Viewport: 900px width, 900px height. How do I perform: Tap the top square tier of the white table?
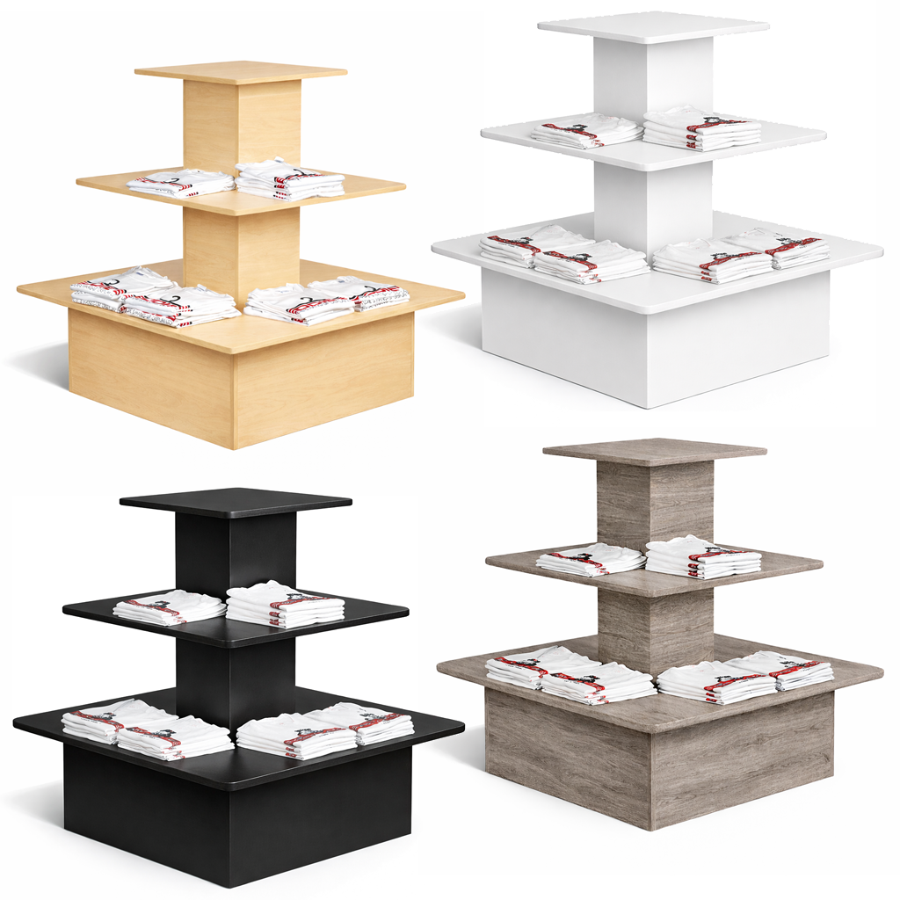point(652,26)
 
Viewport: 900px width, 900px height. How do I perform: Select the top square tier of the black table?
point(236,501)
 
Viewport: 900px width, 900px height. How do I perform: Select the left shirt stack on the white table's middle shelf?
point(586,130)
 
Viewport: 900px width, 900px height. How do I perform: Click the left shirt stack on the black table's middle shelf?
point(170,607)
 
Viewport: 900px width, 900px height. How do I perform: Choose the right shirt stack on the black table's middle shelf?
point(285,604)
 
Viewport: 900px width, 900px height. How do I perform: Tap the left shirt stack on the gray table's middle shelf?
point(591,559)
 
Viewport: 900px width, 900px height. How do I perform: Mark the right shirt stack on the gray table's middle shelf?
point(703,556)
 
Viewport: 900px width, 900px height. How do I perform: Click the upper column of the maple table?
point(242,123)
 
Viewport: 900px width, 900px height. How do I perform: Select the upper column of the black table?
point(236,549)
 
